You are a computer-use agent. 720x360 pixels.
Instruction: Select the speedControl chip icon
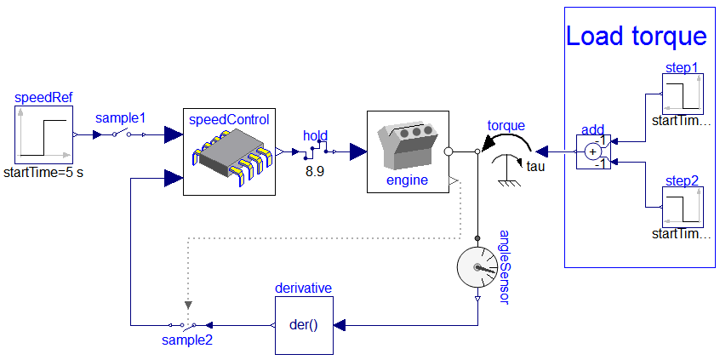click(229, 152)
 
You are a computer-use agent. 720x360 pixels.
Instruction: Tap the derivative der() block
click(303, 325)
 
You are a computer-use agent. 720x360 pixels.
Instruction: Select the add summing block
click(594, 152)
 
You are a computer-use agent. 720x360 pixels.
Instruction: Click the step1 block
click(684, 94)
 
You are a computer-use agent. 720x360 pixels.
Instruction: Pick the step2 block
click(684, 208)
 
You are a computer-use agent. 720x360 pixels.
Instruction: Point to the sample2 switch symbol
click(188, 325)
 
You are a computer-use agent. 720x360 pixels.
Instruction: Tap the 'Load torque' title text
click(636, 37)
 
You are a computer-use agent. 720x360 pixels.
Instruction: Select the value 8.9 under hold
click(316, 171)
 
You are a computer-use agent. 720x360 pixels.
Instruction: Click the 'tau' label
click(535, 166)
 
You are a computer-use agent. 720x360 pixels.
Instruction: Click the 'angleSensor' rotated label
click(502, 265)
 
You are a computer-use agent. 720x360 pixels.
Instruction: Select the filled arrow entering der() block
click(341, 325)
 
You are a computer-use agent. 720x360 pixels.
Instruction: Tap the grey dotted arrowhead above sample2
click(188, 304)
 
